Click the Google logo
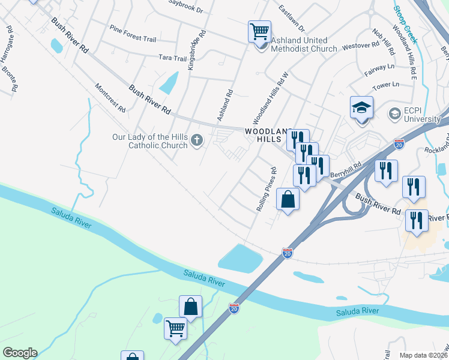(20, 353)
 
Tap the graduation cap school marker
(362, 109)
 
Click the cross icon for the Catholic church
(197, 141)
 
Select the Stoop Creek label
(405, 25)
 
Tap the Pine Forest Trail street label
(133, 37)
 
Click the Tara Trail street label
(172, 58)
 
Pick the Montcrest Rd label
(110, 98)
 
